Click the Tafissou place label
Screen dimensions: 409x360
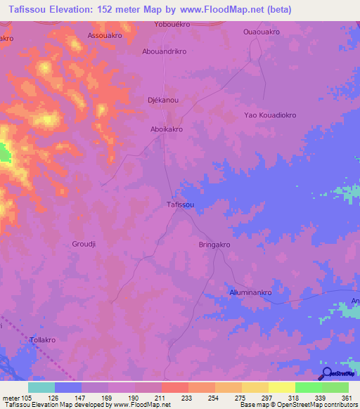pos(180,204)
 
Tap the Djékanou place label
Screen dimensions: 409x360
pos(162,100)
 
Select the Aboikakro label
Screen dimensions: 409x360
pos(166,129)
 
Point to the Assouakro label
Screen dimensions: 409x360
pos(105,34)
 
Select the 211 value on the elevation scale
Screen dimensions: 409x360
pos(161,398)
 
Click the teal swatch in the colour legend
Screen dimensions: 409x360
pos(41,387)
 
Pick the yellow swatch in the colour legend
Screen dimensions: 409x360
pos(282,387)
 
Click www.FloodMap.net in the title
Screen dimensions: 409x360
pos(222,9)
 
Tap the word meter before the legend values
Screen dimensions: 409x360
pos(11,398)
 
